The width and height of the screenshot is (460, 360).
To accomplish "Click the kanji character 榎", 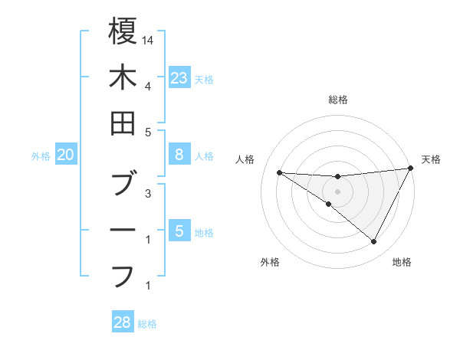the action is coord(123,31).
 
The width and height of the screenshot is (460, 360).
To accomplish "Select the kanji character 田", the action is coord(123,123).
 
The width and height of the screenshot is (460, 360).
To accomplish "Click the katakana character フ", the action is coord(123,274).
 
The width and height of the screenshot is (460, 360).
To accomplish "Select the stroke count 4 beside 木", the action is coord(147,85).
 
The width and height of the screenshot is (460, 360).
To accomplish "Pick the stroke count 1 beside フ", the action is coord(147,286).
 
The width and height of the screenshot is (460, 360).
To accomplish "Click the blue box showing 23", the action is coord(179,77).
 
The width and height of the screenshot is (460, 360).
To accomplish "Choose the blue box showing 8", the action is coord(179,155).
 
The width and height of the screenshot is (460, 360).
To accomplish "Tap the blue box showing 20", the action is coord(66,155).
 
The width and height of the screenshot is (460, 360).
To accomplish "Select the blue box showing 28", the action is coord(123,322).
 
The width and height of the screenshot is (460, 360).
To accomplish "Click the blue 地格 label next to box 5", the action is coord(205,232).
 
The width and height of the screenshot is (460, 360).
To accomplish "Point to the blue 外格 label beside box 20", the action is coord(41,156).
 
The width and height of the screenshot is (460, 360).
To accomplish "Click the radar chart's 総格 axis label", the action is coord(337,100).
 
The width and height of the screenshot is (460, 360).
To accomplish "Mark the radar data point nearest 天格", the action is coord(410,169).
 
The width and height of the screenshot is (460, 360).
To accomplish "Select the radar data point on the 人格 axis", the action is coord(279,172).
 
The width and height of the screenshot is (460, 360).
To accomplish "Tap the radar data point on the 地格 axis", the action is coord(373,242).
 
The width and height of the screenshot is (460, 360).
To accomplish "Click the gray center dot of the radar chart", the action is coord(337,191).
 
